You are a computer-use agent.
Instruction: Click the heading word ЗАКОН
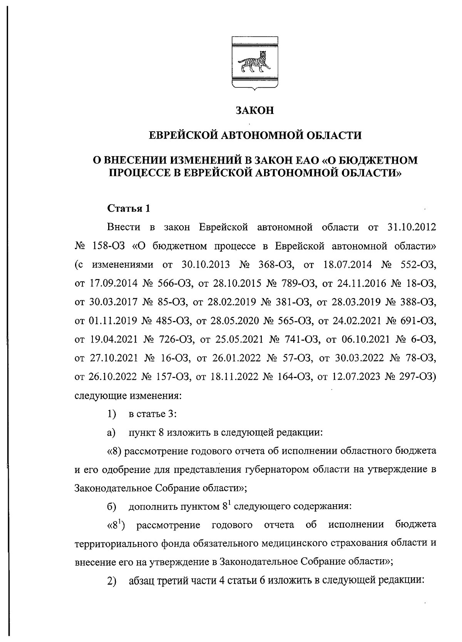click(254, 111)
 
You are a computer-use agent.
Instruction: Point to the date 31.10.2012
click(410, 227)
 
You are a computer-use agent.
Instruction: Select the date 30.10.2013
click(204, 265)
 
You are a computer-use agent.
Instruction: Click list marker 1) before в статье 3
click(112, 414)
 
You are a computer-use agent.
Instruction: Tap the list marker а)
click(111, 432)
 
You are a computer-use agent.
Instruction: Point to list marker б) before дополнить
click(112, 507)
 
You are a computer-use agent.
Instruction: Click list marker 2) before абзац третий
click(112, 581)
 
